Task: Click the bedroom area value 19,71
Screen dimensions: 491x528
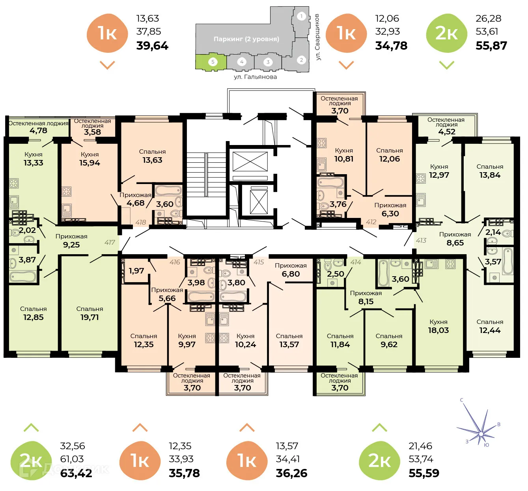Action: tap(90, 317)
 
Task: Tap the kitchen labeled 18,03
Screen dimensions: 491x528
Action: tap(438, 330)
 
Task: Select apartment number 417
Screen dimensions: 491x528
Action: tap(110, 242)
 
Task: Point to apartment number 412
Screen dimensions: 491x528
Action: tap(371, 222)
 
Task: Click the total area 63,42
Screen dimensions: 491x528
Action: tap(76, 473)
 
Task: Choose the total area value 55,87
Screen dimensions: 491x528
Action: tap(491, 46)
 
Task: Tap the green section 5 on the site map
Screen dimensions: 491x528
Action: tap(212, 62)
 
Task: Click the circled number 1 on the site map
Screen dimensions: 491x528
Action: tap(302, 16)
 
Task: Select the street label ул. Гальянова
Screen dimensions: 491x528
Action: tap(255, 77)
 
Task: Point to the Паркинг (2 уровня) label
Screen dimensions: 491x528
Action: tap(246, 39)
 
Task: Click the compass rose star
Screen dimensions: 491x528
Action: tap(481, 433)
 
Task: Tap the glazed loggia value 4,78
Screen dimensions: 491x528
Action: tap(38, 130)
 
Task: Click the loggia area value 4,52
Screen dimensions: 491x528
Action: tap(447, 132)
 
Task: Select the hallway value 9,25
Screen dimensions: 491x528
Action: tap(71, 245)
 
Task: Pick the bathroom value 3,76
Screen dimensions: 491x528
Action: tap(338, 204)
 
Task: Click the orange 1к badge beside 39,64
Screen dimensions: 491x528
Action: tap(107, 33)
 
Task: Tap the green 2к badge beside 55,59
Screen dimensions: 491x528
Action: tap(379, 461)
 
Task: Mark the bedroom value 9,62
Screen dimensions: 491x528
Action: tap(389, 344)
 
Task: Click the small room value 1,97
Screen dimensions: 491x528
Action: tap(136, 271)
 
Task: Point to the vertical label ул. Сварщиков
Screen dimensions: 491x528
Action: tap(318, 37)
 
